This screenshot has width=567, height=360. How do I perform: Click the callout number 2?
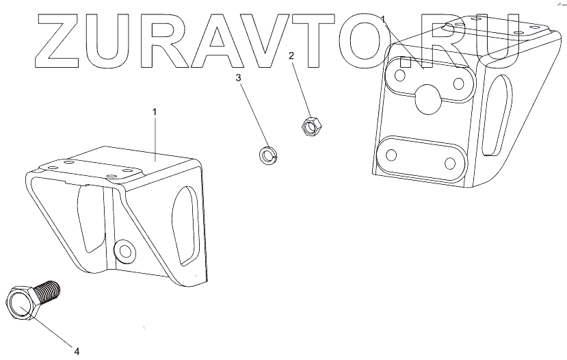pos(291,55)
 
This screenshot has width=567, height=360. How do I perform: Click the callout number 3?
pos(239,79)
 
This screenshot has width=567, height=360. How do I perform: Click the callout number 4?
pos(77,351)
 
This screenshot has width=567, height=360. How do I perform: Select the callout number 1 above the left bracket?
pos(155,111)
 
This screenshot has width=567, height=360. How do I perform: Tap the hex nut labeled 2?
pos(308,125)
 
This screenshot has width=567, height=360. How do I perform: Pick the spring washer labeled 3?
pos(267,155)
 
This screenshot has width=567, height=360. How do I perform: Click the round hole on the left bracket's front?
pos(124,251)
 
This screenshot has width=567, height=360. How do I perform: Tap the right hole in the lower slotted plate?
pos(450,164)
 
